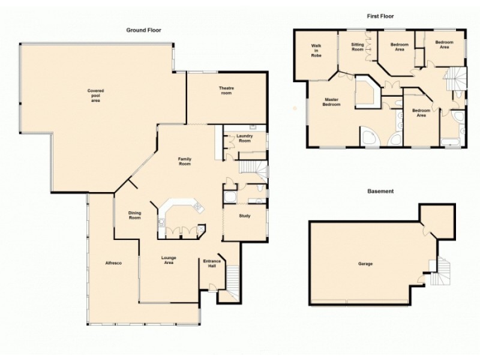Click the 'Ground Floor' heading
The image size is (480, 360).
[x=143, y=30]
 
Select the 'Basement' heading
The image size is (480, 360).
[x=380, y=191]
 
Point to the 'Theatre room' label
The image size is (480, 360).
[x=226, y=91]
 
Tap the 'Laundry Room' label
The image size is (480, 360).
[x=244, y=138]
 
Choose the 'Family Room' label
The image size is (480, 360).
[x=184, y=161]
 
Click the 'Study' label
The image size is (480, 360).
[x=244, y=216]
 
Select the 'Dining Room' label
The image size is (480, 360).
[x=135, y=215]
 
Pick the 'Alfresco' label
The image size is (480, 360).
[x=113, y=263]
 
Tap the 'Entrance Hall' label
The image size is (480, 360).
[x=212, y=264]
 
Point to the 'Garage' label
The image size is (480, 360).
[x=365, y=263]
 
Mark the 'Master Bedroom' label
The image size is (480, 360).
[x=332, y=102]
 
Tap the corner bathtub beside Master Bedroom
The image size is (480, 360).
[x=369, y=137]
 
